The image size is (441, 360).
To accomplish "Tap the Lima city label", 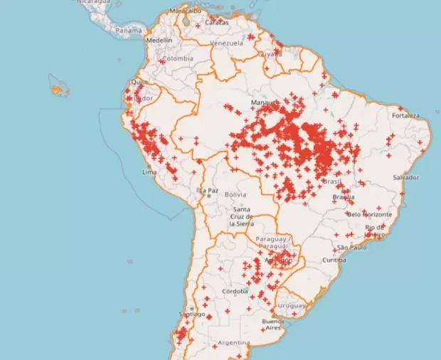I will click(149, 172).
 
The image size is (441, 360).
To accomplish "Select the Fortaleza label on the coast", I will click(405, 115).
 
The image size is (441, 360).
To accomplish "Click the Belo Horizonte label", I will click(369, 214).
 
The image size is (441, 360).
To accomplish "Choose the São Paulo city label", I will click(351, 248).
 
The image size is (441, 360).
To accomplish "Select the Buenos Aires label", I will click(273, 325).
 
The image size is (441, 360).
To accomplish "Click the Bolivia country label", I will click(235, 194).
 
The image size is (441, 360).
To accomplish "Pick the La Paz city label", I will click(207, 191).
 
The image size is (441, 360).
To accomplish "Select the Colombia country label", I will click(178, 58).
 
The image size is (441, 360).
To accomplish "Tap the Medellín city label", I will click(159, 41).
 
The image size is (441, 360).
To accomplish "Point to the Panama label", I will click(129, 31).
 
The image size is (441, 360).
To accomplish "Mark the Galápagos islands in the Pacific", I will click(58, 90).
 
